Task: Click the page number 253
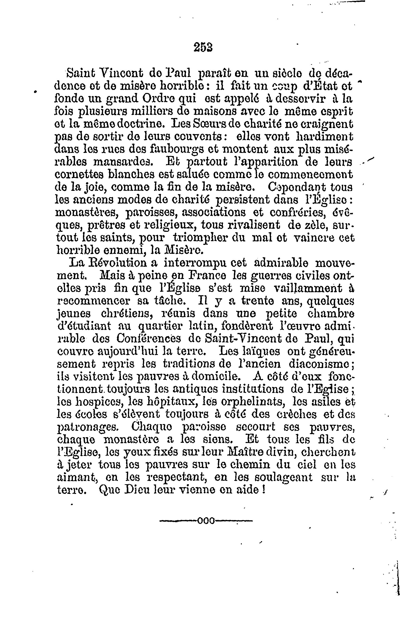[x=203, y=47]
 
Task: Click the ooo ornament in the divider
[x=206, y=520]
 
